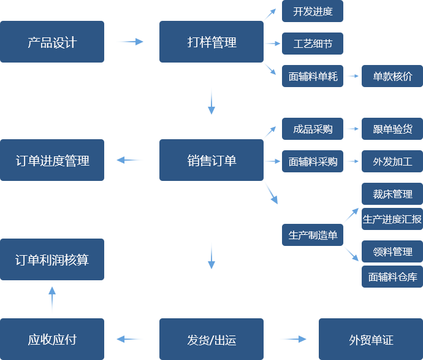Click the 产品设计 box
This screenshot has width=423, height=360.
pos(52,42)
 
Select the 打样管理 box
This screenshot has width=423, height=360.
pos(211,42)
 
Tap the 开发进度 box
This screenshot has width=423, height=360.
pos(312,12)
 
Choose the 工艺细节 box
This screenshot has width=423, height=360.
pos(312,44)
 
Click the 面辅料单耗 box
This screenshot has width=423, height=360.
pos(312,76)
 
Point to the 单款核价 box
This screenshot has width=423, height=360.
pos(392,76)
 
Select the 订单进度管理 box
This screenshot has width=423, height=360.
pos(52,160)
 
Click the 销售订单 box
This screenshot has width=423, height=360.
pos(211,160)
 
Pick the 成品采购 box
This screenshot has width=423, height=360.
pos(312,128)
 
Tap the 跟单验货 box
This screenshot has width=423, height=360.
pos(392,128)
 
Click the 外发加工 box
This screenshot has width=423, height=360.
pos(392,161)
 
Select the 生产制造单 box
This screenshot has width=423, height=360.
pos(312,234)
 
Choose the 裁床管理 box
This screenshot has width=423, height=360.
pos(392,194)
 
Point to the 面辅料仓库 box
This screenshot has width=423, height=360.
pos(392,277)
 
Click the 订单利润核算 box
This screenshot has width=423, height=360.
pos(52,259)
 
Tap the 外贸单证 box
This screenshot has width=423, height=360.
pos(370,339)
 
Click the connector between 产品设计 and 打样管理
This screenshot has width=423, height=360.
pos(130,42)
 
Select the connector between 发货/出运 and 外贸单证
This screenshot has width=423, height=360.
pos(293,339)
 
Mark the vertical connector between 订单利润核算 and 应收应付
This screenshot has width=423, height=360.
pos(51,299)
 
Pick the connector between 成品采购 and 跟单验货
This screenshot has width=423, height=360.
pos(352,128)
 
